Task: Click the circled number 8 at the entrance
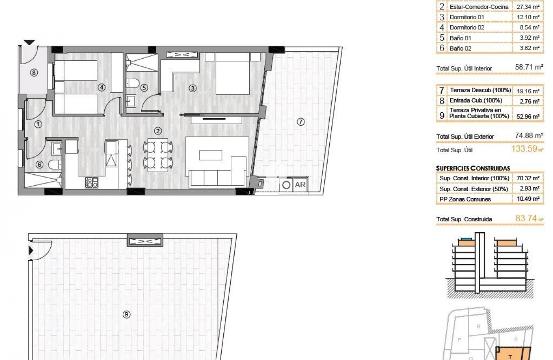(x=34, y=73)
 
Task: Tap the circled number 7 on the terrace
(x=300, y=122)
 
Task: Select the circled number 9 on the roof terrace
(x=127, y=314)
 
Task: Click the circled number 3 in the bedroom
(x=192, y=88)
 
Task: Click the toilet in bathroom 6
(x=54, y=165)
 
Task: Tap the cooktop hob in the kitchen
(x=92, y=182)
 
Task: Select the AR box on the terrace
(x=300, y=184)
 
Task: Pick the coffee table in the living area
(x=211, y=155)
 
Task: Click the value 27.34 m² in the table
(x=529, y=7)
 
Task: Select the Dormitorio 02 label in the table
(x=467, y=28)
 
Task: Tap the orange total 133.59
(x=525, y=148)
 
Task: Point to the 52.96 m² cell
(x=529, y=116)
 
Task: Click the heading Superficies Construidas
(x=473, y=168)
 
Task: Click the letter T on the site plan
(x=510, y=357)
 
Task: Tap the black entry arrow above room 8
(x=29, y=42)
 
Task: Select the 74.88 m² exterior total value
(x=529, y=136)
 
